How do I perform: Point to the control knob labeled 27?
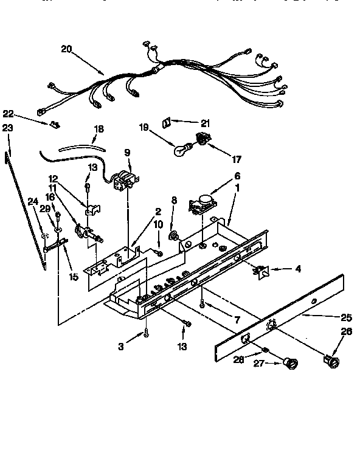tap(290, 364)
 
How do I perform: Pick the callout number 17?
tap(237, 160)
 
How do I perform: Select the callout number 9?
tap(127, 152)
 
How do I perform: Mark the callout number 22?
tap(8, 113)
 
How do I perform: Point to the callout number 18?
tap(99, 130)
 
